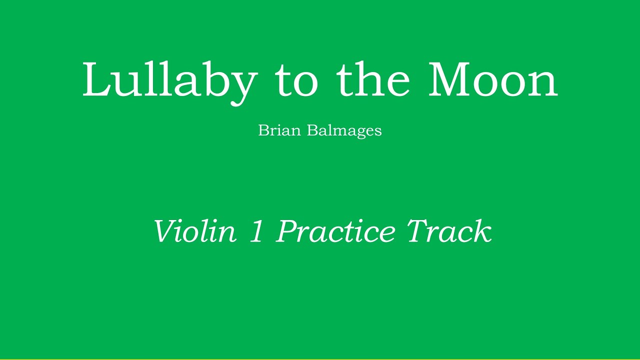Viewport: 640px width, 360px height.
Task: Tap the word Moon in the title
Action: pyautogui.click(x=492, y=80)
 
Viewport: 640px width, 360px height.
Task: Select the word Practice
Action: pyautogui.click(x=334, y=231)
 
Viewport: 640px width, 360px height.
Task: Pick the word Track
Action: pyautogui.click(x=449, y=231)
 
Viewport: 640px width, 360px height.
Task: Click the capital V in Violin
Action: pyautogui.click(x=165, y=231)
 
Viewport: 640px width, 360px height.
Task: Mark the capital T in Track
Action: pyautogui.click(x=419, y=231)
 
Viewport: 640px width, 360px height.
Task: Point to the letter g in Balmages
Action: pyautogui.click(x=357, y=133)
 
